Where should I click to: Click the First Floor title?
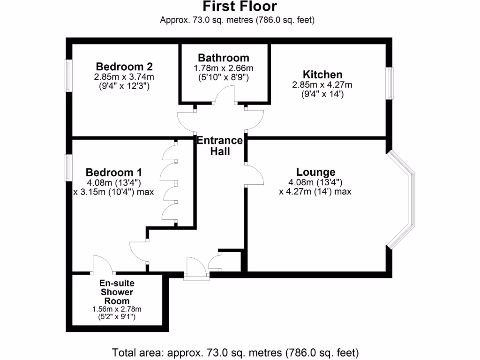240,7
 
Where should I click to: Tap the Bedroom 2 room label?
124,66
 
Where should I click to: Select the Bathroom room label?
224,58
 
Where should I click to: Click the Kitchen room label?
322,75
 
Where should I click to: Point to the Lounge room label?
315,172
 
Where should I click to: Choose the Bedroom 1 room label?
114,172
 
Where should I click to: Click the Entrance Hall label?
220,146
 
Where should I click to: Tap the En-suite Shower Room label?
117,292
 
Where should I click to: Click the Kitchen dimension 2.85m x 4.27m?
322,85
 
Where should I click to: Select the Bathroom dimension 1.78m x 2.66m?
223,68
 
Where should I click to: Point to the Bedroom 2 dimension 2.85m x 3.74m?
124,77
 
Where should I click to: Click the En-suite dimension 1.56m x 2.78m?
117,309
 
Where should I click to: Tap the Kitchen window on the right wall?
389,83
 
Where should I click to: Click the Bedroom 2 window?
68,76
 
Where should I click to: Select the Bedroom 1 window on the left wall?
68,168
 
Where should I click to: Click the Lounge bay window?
403,199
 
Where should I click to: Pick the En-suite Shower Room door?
103,264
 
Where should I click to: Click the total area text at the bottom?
235,352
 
